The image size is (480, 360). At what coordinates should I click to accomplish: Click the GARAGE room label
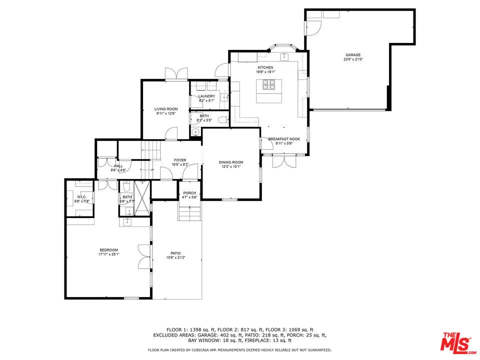pos(352,55)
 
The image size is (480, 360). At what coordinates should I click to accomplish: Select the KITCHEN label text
pos(265,67)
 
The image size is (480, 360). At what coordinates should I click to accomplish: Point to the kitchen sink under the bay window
pos(284,56)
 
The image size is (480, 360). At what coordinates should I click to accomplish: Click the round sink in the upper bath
pos(195,132)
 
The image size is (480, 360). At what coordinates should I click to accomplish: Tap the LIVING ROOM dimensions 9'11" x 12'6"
pos(165,113)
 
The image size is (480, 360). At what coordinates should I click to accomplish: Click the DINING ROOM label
pos(230,162)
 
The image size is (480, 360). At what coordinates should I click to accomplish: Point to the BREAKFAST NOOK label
pos(283,139)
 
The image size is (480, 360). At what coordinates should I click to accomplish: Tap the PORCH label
pos(189,193)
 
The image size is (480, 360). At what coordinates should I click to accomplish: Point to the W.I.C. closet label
pos(82,197)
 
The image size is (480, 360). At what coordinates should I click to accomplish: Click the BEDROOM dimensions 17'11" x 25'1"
pos(108,254)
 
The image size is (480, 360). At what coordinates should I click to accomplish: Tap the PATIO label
pos(175,253)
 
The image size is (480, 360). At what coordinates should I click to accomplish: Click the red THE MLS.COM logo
pos(455,342)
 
